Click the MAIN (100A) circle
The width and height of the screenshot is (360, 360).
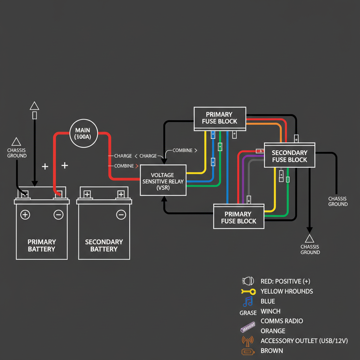(x=83, y=133)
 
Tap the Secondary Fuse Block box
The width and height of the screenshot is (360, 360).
(x=289, y=156)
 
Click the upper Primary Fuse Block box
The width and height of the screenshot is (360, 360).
(x=220, y=118)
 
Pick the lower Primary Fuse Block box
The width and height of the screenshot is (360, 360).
(x=238, y=217)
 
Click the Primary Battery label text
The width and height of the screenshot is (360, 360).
(x=41, y=245)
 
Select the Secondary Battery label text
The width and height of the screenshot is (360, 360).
(x=104, y=245)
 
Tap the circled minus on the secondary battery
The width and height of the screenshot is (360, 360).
(x=121, y=214)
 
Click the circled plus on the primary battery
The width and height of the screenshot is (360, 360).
(x=25, y=214)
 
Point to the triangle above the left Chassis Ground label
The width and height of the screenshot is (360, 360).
(x=16, y=142)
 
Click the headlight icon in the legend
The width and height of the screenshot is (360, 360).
(x=248, y=281)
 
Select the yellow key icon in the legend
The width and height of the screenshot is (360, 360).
(x=248, y=291)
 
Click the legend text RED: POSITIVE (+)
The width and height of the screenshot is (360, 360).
(x=285, y=281)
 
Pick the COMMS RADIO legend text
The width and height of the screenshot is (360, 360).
(x=282, y=321)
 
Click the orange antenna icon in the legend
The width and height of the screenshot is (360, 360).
(x=248, y=340)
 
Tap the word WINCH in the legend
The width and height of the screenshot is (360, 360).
(x=270, y=311)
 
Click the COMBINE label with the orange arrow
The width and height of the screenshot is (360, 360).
(x=124, y=166)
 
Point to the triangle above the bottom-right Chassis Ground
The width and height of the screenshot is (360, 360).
(x=309, y=239)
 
